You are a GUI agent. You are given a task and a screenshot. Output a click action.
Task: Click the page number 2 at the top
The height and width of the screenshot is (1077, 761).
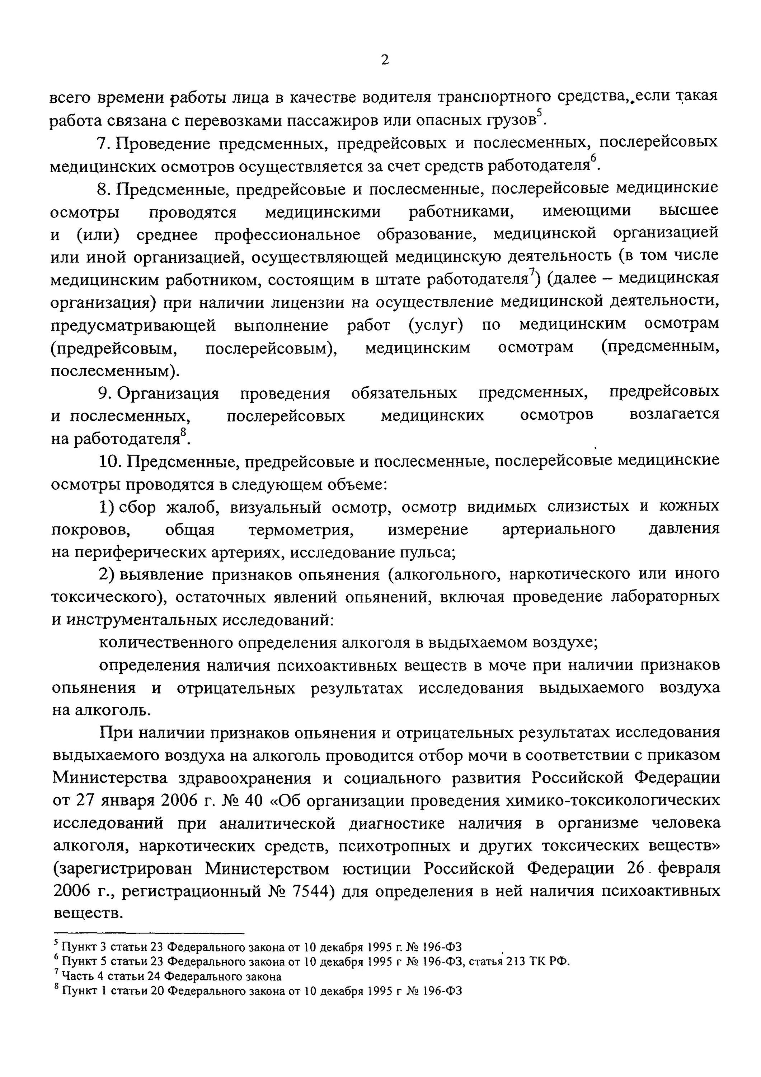(x=385, y=60)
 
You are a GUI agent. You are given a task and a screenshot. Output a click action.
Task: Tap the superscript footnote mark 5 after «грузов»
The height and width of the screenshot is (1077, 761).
(x=539, y=113)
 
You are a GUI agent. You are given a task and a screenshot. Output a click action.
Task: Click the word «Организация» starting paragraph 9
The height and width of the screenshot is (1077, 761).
(x=168, y=393)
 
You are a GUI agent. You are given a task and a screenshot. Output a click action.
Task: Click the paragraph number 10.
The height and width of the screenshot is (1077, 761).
(x=111, y=462)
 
